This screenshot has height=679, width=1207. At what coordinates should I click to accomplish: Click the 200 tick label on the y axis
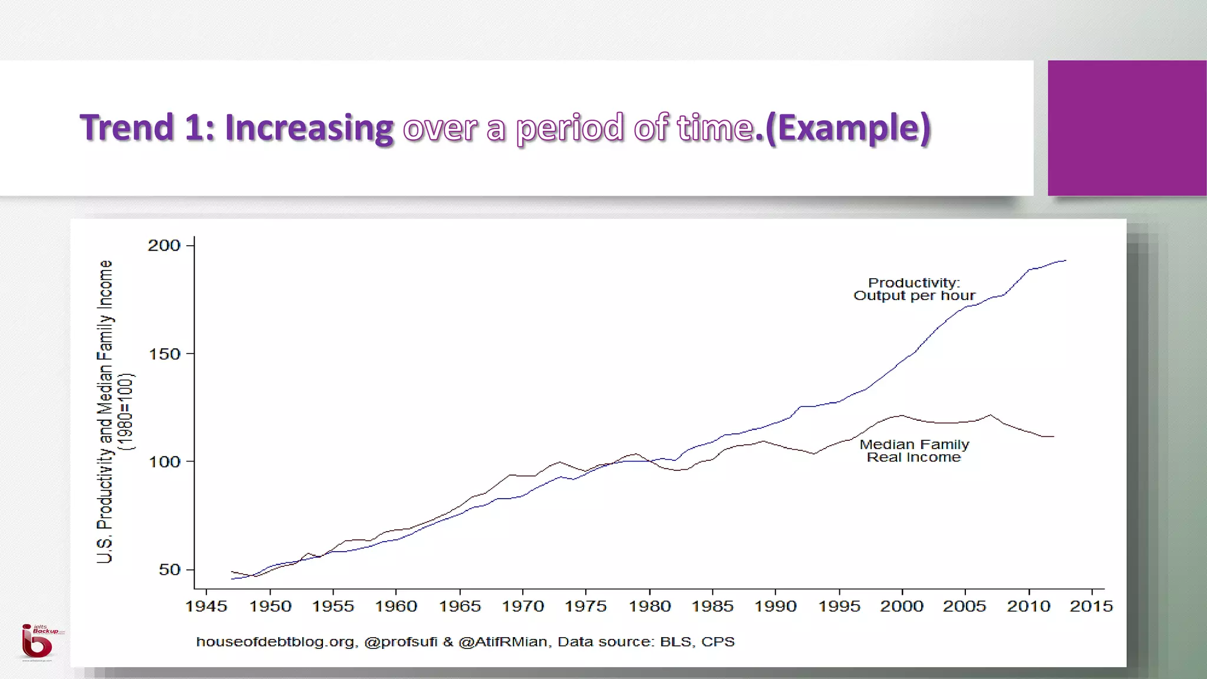tap(164, 245)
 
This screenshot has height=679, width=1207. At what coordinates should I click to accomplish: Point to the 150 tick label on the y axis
tap(164, 354)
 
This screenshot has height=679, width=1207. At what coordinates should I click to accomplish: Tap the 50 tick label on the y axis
tap(169, 569)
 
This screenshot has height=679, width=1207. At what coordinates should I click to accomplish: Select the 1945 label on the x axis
tap(206, 606)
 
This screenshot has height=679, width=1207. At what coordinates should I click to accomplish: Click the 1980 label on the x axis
tap(649, 606)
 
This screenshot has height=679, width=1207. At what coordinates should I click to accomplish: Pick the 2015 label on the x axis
tap(1091, 606)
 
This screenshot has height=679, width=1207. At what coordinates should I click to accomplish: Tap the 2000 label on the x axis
tap(902, 606)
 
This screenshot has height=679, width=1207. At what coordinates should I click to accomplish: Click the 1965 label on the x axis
tap(460, 606)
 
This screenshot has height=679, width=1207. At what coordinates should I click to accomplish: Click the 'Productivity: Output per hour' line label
tap(914, 289)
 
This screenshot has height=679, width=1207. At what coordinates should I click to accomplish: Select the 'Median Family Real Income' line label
tap(914, 451)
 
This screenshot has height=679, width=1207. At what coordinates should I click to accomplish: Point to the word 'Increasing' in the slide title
tap(309, 128)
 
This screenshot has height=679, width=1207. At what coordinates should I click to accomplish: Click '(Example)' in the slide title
tap(848, 128)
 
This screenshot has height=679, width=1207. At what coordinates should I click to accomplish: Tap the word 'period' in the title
tap(569, 128)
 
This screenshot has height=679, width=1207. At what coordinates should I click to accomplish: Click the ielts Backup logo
tap(38, 642)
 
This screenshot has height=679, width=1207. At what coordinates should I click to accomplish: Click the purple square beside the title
tap(1127, 128)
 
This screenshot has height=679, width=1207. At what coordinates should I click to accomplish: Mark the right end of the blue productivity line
tap(1066, 261)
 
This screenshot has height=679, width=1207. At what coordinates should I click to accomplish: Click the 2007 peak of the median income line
tap(991, 415)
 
